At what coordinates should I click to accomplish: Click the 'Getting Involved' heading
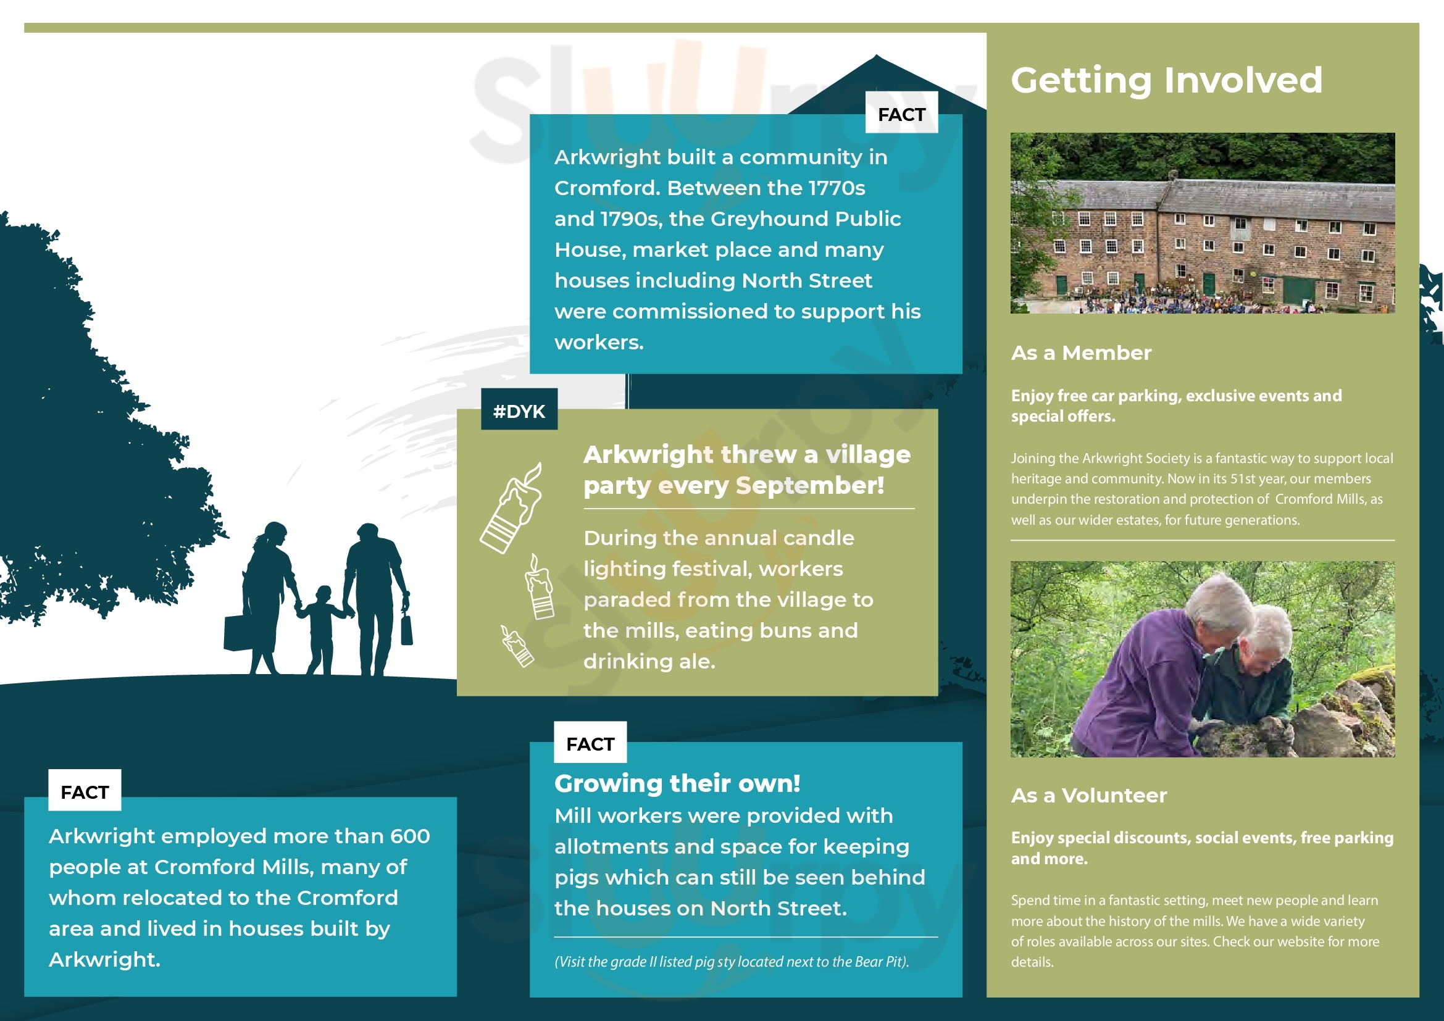click(x=1167, y=80)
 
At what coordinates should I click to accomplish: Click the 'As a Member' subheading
click(x=1081, y=352)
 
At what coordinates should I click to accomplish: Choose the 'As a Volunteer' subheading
click(x=1088, y=795)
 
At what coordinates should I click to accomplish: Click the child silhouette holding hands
click(x=322, y=628)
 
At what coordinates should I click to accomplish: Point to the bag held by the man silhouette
click(x=407, y=628)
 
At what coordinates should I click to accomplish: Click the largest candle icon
click(x=511, y=508)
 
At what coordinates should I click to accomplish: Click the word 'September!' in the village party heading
click(x=810, y=485)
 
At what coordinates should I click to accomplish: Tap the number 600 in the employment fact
click(x=409, y=836)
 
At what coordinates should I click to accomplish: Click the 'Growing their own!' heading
click(x=677, y=783)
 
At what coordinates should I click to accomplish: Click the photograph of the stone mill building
click(x=1203, y=223)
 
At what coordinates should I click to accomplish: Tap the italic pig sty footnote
click(x=732, y=962)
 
